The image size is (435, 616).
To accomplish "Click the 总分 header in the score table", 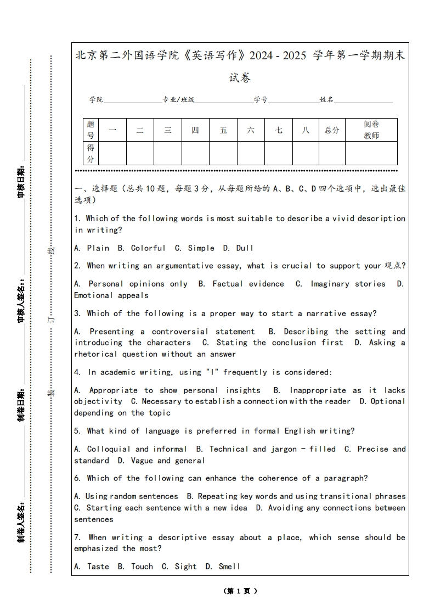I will tap(332, 130).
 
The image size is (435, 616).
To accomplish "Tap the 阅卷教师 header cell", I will tap(371, 130).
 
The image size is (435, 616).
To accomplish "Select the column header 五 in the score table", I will tap(223, 130).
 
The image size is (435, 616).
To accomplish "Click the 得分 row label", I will tap(91, 153).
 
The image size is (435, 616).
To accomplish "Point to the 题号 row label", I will tap(91, 130).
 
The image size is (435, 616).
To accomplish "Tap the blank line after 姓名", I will tap(363, 100).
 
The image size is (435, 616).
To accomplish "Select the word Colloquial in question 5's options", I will tap(109, 449).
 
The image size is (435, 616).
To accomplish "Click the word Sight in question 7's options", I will tap(185, 567).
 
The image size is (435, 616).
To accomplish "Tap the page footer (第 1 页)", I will tap(240, 591).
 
